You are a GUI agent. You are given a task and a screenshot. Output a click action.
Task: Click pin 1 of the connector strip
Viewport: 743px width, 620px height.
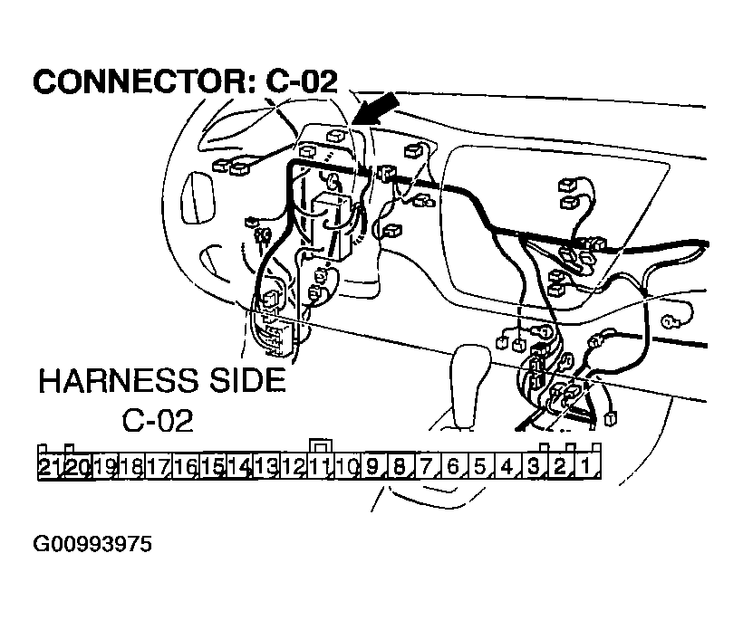587,467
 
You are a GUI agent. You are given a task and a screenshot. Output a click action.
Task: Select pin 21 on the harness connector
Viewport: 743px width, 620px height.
48,467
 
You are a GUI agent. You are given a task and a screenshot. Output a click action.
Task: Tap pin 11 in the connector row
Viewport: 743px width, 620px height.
318,467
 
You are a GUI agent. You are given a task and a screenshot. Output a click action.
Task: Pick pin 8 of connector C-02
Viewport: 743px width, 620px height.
400,467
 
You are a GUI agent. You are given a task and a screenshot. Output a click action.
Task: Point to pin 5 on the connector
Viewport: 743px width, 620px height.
480,467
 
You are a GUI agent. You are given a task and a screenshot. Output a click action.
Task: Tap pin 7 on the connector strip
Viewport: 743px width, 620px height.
427,467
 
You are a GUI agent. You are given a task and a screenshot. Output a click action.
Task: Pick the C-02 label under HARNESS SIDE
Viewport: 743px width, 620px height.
157,422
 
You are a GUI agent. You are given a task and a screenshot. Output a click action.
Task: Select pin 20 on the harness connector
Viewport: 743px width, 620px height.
77,467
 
